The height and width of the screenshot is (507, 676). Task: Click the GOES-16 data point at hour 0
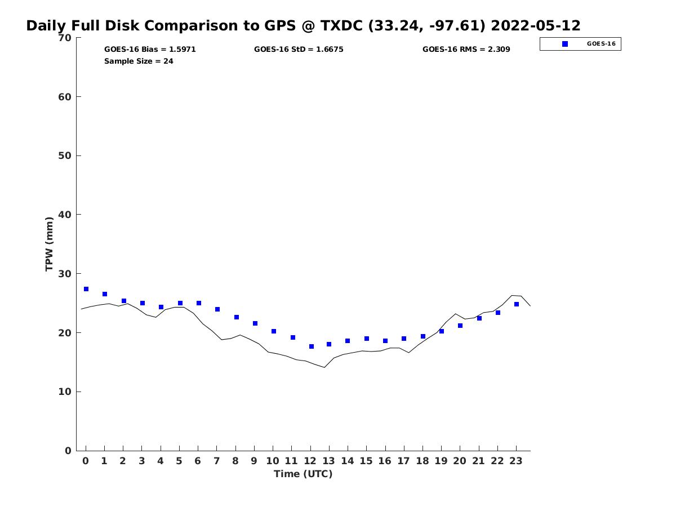point(86,289)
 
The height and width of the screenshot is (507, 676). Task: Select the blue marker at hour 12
point(312,346)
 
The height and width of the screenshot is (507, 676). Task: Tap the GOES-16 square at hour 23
point(517,304)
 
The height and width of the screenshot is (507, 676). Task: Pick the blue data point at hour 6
point(199,303)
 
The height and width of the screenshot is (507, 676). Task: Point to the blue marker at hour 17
point(404,339)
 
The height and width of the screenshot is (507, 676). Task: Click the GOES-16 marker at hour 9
point(255,323)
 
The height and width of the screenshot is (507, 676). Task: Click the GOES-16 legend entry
point(580,44)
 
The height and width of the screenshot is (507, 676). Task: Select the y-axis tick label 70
point(65,38)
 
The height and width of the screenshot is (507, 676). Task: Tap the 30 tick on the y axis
point(65,274)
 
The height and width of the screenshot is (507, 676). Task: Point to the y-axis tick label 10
point(65,392)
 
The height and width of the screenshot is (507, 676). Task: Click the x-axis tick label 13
point(328,461)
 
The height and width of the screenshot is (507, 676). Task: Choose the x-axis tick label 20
point(460,461)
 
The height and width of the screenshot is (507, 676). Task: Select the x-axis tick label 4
point(161,461)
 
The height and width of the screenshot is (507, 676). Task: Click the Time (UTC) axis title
point(303,474)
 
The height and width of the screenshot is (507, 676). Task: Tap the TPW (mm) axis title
point(50,244)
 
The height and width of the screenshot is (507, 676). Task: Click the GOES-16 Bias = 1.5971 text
point(150,50)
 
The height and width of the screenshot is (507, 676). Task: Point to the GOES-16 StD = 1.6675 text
point(299,50)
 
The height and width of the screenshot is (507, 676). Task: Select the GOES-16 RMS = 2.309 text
point(466,50)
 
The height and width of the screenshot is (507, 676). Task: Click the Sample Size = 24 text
point(139,61)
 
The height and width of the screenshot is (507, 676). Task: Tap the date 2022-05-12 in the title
point(536,26)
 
